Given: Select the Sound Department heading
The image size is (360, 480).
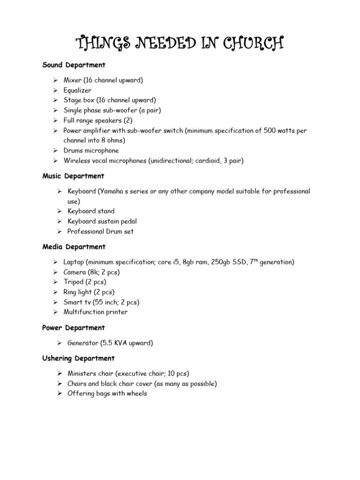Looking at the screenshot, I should coord(74,65).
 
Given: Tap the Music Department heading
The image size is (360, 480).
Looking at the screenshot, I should coord(73,176).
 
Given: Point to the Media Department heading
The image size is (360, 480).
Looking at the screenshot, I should coord(74,247).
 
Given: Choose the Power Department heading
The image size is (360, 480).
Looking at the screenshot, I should coord(74,328).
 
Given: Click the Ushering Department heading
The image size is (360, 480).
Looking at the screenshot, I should coord(78,358).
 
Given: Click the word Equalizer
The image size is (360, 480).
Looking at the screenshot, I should coord(78,90).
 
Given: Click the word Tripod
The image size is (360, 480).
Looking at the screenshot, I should coord(73,282).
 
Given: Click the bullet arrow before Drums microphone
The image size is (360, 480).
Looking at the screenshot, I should coord(55,151).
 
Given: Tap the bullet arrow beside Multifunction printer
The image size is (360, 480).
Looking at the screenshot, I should coord(55,312).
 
